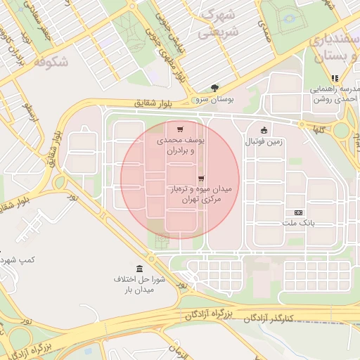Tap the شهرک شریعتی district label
tap(218, 23)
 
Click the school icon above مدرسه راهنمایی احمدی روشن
tap(335, 78)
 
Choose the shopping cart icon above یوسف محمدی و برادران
tap(181, 129)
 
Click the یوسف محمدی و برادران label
tap(181, 146)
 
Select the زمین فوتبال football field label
tap(263, 142)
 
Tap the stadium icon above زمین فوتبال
tap(264, 129)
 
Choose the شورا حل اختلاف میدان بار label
tap(139, 285)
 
